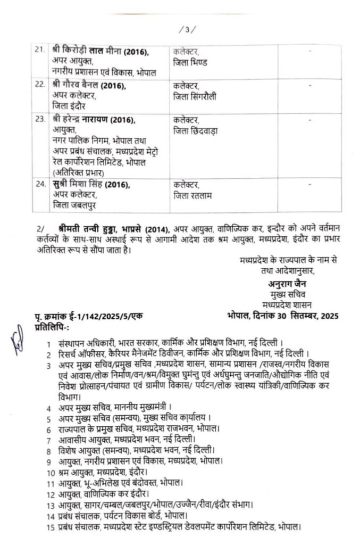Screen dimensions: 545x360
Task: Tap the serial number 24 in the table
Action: click(x=39, y=185)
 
